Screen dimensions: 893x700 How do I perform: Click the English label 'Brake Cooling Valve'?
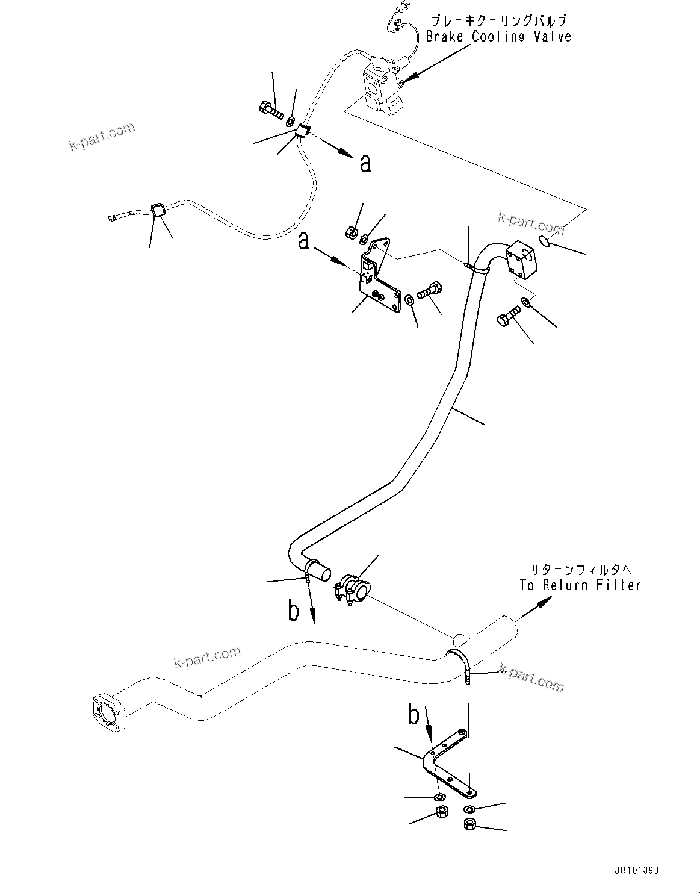498,36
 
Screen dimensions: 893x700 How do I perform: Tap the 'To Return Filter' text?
580,585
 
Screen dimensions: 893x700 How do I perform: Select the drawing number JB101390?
637,870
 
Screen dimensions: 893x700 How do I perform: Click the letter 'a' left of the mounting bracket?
304,241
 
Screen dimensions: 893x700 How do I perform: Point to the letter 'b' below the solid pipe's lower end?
293,611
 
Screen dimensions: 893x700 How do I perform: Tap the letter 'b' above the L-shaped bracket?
413,715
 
